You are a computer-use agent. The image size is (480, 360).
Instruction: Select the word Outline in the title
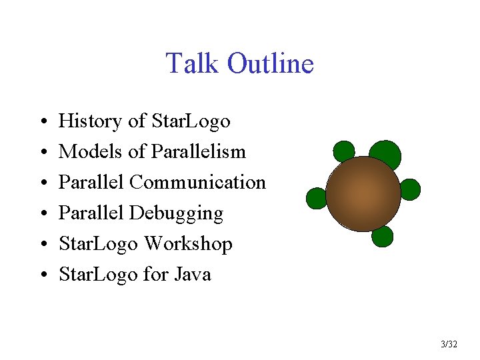270,64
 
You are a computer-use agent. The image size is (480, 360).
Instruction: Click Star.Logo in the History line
191,121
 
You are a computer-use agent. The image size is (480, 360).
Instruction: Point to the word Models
91,152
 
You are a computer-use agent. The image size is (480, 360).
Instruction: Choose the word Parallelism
199,152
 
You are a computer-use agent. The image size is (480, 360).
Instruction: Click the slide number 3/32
449,345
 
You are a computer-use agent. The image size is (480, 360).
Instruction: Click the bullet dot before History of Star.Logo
41,123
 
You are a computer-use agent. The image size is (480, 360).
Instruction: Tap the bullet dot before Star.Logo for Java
41,275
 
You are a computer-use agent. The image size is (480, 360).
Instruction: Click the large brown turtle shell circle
363,194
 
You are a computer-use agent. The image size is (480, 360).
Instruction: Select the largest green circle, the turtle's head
385,154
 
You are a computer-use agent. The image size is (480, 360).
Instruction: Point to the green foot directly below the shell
383,236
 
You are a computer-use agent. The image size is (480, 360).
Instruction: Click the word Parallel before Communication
91,182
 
